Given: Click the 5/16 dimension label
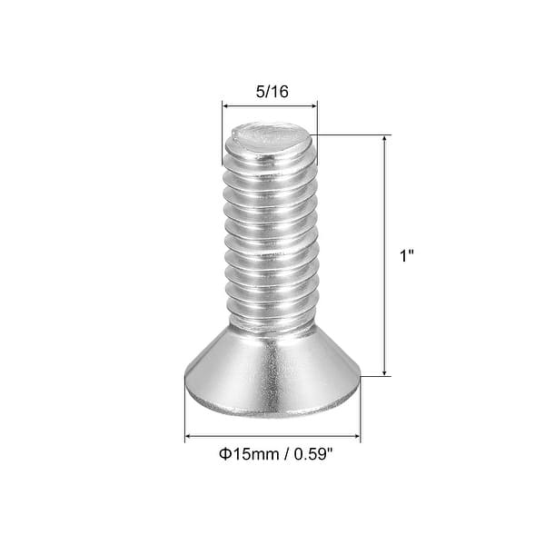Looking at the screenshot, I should click(270, 92).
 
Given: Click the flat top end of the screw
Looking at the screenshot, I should click(270, 138).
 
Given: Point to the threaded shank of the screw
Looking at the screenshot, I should click(270, 236).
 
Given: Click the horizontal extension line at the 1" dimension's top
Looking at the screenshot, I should click(354, 135).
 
